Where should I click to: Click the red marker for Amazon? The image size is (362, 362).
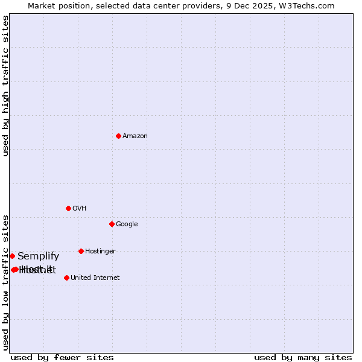tap(118, 136)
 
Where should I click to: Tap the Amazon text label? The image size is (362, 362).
tap(135, 136)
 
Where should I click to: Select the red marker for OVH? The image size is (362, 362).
tap(68, 208)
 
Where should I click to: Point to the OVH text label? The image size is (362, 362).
tap(79, 209)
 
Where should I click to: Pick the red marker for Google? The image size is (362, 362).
tap(112, 224)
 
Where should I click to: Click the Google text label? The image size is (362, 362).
tap(127, 224)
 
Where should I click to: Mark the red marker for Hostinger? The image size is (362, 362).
tap(81, 251)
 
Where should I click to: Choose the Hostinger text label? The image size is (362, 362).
tap(100, 252)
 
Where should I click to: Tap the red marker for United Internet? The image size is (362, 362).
tap(66, 278)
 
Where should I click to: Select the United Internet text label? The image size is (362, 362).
tap(95, 278)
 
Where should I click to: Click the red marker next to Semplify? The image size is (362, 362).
tap(12, 256)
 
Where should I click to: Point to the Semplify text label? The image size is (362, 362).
tap(39, 256)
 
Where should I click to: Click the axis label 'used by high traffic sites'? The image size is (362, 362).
tap(6, 86)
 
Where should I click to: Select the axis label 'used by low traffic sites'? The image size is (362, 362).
tap(6, 282)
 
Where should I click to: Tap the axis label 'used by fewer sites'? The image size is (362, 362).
tap(62, 357)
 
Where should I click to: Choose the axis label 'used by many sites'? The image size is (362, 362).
tap(303, 357)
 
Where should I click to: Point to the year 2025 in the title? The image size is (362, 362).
tap(275, 5)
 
